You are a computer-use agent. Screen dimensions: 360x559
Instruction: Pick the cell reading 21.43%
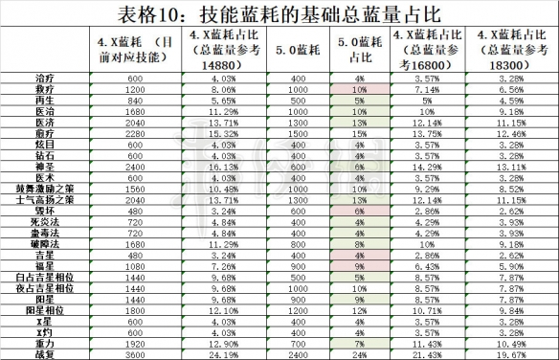tap(423, 353)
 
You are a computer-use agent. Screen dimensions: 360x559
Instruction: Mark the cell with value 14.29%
tap(423, 165)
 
